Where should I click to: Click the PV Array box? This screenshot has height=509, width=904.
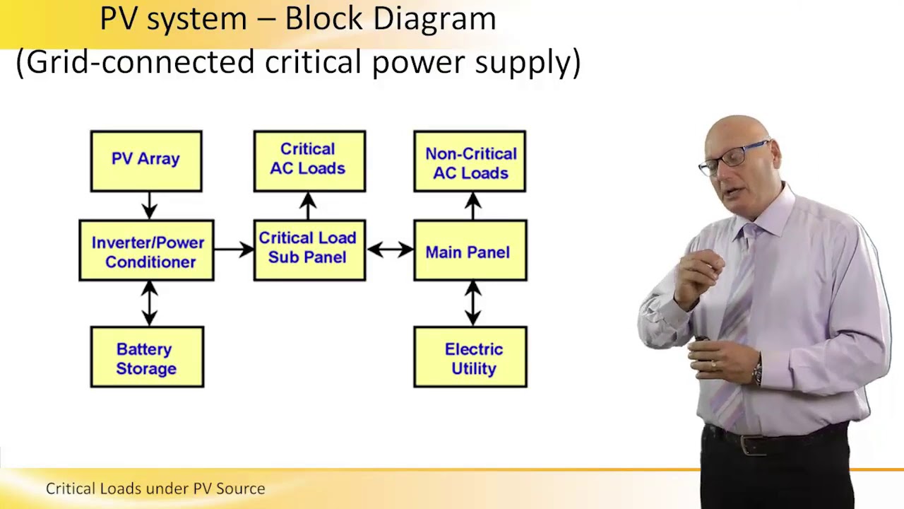(146, 161)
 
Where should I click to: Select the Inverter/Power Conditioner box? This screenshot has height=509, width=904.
(146, 251)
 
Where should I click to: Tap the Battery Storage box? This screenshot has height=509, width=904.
(147, 357)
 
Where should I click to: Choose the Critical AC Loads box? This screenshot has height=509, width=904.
(309, 161)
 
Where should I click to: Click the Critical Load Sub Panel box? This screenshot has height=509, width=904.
(309, 250)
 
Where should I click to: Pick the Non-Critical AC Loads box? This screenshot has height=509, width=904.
(470, 162)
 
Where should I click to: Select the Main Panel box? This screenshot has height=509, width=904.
(470, 251)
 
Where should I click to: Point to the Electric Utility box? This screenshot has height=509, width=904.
(470, 357)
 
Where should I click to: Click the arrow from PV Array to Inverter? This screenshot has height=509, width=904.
(149, 206)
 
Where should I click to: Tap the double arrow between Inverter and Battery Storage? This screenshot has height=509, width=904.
(149, 303)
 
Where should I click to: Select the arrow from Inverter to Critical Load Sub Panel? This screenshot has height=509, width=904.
(234, 249)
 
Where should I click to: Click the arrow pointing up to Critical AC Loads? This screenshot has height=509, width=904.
(308, 206)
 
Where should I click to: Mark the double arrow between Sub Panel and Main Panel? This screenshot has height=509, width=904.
(390, 249)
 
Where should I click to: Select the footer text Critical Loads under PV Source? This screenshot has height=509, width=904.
(155, 488)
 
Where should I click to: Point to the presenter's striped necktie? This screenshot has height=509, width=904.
(734, 318)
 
